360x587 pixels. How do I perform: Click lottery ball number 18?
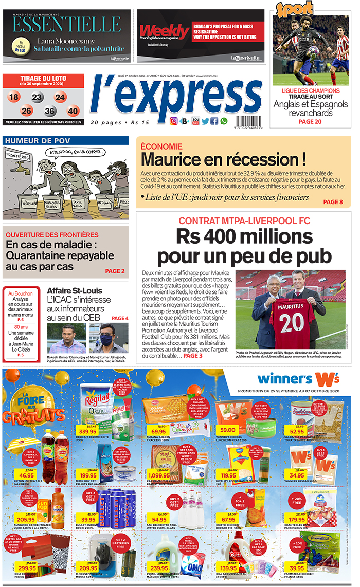tap(14, 97)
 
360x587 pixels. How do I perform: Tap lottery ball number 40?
tap(73, 111)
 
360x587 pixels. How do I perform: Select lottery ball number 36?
tap(50, 111)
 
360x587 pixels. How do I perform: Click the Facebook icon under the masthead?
tap(214, 121)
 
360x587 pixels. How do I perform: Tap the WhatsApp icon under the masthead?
tap(224, 121)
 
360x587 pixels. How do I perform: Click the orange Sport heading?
tap(295, 9)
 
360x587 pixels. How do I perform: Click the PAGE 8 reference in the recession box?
tap(333, 202)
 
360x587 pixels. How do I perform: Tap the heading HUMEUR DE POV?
tap(32, 140)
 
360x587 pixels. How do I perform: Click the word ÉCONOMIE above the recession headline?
tap(161, 146)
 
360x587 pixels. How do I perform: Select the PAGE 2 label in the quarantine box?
tap(115, 271)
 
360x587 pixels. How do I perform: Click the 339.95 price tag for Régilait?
tap(88, 431)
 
